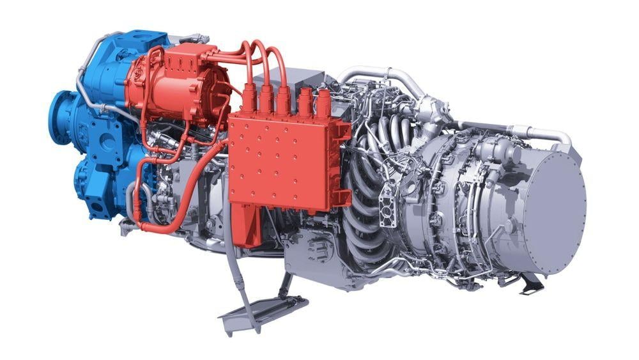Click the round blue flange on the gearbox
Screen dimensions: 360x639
click(64, 118)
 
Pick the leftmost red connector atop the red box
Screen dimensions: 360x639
click(248, 96)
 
